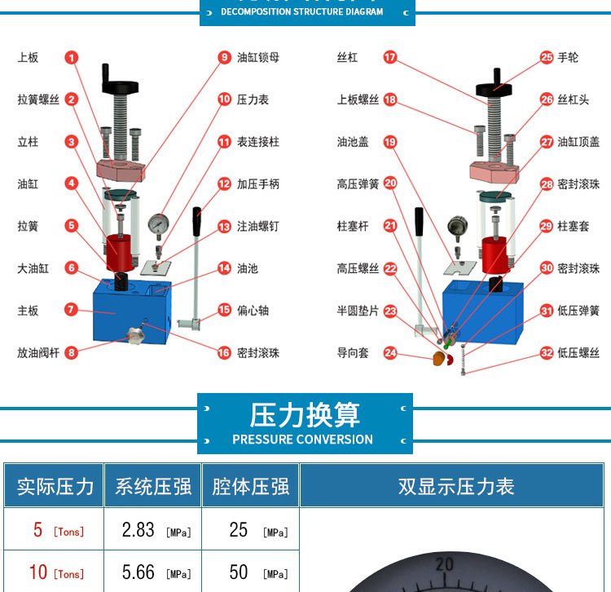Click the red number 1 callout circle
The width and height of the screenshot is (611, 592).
pos(72,58)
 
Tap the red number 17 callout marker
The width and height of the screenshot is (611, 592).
pos(390,57)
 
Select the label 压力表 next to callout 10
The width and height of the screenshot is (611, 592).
pos(253,99)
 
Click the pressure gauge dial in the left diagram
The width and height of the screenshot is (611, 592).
pos(159,224)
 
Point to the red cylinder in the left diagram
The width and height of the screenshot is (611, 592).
pos(120,253)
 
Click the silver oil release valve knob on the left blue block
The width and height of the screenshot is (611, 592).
pos(135,335)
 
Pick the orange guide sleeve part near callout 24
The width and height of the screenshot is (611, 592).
pos(439,358)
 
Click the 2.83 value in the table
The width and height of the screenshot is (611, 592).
pos(138,529)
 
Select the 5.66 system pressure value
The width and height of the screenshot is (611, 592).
pos(138,572)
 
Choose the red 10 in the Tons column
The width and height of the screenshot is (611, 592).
pos(38,572)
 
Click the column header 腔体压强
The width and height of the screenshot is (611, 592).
pos(251,486)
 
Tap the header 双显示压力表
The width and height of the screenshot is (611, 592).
pos(456,486)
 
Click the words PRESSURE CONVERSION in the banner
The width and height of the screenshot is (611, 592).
pos(303,440)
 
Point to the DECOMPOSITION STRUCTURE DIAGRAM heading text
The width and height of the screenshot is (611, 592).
pos(302,11)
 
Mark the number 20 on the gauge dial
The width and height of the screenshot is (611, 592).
pos(445,564)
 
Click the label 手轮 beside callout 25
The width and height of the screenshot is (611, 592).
pos(568,58)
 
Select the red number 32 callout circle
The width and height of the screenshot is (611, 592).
pos(547,353)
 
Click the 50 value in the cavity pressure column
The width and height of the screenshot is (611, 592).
pos(239,572)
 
